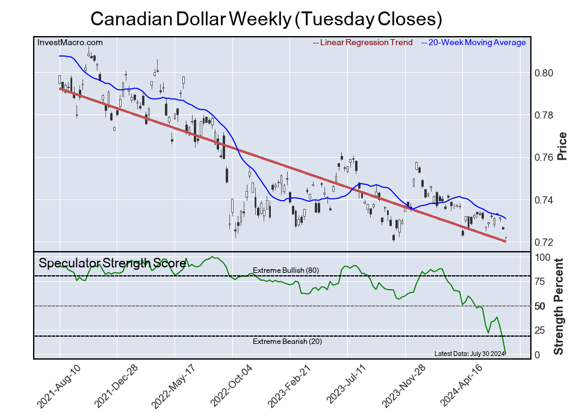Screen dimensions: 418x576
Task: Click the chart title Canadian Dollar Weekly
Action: click(266, 19)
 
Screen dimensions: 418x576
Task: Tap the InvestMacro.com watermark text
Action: click(70, 42)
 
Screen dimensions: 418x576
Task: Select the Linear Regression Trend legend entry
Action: click(363, 42)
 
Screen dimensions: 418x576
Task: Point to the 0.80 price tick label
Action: click(543, 73)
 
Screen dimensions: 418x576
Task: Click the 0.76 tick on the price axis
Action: click(543, 158)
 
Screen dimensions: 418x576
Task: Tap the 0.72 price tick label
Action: click(543, 243)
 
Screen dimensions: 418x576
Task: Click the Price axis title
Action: click(562, 146)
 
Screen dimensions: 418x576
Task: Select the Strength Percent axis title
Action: click(559, 306)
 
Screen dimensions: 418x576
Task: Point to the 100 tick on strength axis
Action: click(543, 257)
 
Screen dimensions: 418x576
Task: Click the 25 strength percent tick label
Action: click(540, 330)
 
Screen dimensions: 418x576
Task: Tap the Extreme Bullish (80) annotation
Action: click(285, 270)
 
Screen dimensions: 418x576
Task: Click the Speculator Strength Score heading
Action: click(112, 263)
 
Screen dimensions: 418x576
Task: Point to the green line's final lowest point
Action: click(506, 354)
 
